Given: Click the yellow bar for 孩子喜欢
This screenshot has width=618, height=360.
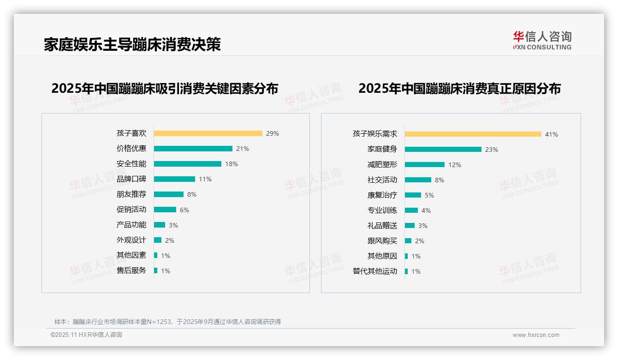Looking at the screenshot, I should [x=208, y=133].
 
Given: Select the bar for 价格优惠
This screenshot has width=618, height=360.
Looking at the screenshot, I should [x=193, y=149].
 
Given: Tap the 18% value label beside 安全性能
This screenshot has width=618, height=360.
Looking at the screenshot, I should [x=232, y=164].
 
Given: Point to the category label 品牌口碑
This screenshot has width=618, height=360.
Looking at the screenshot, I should [x=131, y=179].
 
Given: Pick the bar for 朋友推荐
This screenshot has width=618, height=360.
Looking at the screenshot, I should [x=168, y=194].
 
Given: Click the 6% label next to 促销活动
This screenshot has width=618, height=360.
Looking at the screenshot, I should [x=184, y=210].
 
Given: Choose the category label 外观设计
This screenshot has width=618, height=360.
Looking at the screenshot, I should [x=131, y=240].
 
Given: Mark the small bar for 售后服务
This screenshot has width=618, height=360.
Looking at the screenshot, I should [x=155, y=270].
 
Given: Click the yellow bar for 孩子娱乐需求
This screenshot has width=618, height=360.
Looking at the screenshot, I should [x=473, y=134].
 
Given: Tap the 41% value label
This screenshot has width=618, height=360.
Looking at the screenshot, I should [x=552, y=135].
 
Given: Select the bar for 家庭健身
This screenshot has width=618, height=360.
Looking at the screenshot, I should [x=443, y=150].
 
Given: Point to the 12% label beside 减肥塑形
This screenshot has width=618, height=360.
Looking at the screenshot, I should [x=455, y=165].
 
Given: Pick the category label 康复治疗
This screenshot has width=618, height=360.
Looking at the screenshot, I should [x=382, y=195].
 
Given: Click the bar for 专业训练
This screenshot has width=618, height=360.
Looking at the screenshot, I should [x=411, y=210].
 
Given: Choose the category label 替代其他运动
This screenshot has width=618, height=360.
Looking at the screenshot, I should [x=375, y=271].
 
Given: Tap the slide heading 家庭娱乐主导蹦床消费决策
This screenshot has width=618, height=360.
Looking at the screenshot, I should [x=132, y=45].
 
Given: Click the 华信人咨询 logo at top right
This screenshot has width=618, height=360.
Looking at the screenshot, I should [x=542, y=41].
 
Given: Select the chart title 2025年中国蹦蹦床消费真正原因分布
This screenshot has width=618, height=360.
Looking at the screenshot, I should [x=459, y=89].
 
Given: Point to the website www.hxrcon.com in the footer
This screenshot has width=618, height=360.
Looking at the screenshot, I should [x=536, y=335].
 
